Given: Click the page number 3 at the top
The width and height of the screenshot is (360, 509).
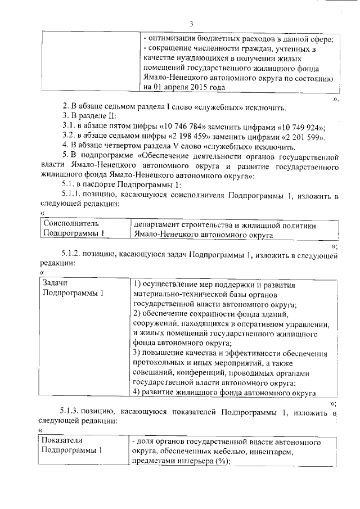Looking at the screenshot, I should tap(192, 24).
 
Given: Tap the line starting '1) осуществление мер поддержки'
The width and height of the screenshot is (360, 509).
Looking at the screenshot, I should tap(222, 284).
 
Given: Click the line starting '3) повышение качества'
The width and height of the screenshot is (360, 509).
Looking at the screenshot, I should tap(230, 353).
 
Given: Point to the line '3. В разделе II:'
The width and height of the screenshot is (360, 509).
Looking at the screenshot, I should tap(89, 116).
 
